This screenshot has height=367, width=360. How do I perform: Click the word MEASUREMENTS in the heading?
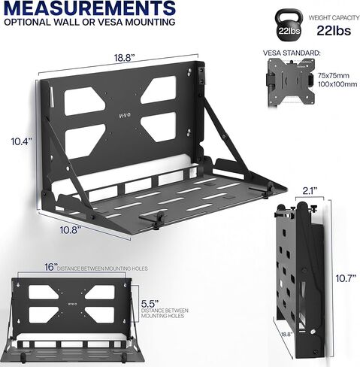point(89,8)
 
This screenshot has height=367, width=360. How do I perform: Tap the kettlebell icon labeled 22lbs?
point(289,25)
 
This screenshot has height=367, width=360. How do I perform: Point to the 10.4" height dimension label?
point(22,141)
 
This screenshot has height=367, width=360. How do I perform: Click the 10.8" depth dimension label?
point(71,229)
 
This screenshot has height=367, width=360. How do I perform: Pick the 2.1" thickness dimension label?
point(310,191)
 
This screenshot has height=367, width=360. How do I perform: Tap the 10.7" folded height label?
point(346,278)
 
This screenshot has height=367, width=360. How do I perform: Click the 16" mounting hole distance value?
point(51,267)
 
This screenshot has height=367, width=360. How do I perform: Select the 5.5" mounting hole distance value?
point(150,304)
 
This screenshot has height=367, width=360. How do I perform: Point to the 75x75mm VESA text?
point(334,75)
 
